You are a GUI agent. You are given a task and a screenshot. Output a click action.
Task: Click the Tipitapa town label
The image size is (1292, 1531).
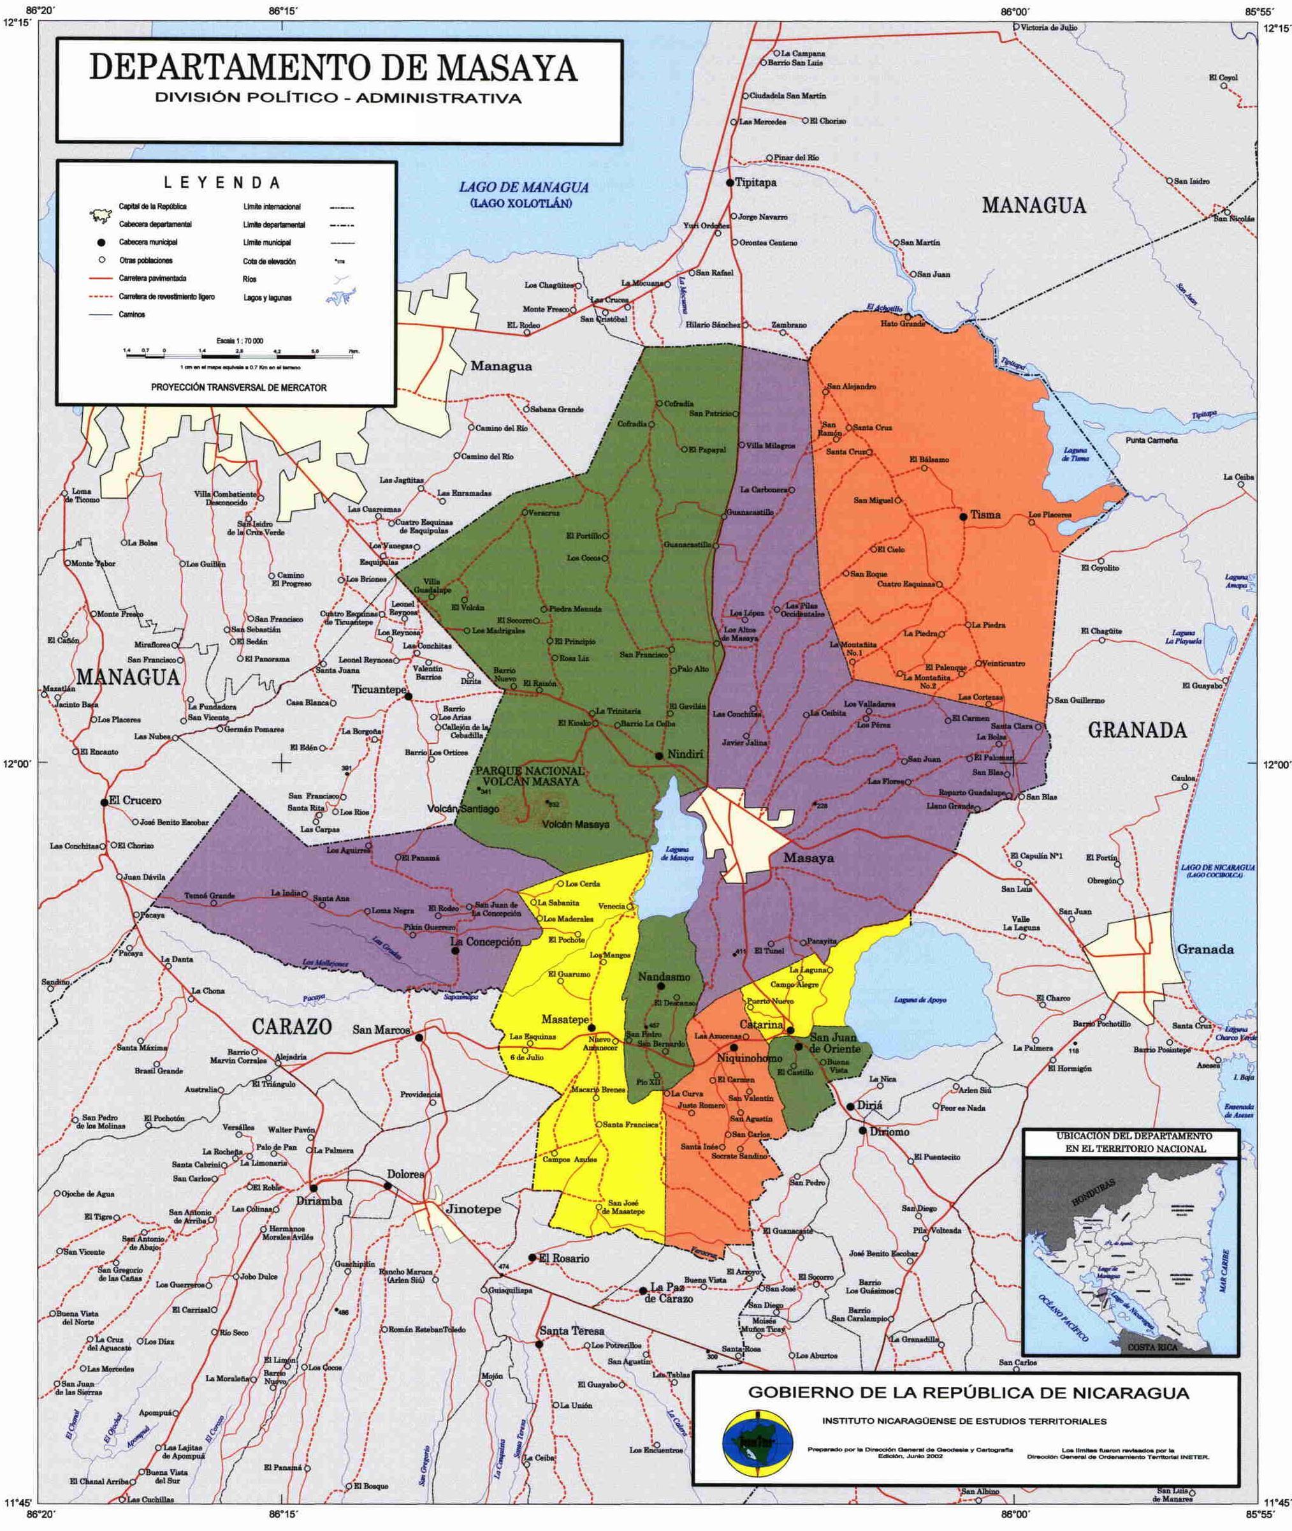tap(755, 182)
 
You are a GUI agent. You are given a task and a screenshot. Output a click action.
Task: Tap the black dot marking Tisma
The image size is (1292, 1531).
tap(964, 516)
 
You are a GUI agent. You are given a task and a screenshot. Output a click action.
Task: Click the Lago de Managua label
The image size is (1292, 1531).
tap(524, 188)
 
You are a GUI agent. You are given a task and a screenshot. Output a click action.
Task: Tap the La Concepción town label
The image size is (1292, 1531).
tap(485, 942)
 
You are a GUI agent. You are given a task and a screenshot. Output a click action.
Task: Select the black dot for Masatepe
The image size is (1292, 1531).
tap(592, 1028)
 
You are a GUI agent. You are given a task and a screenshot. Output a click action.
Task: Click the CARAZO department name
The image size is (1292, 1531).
tap(292, 1026)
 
